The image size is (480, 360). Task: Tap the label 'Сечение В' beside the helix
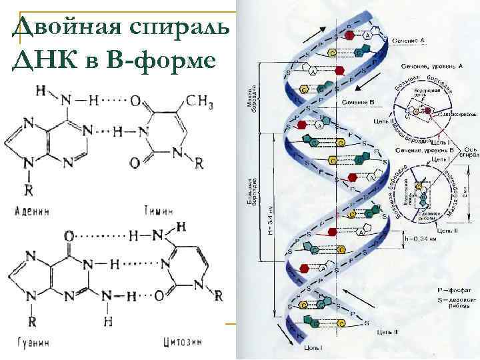coord(359,102)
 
